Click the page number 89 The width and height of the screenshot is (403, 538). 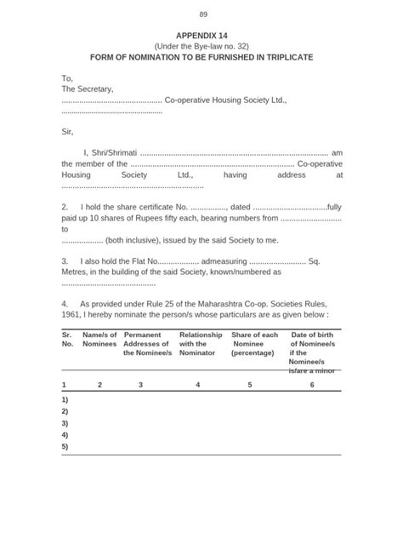pos(202,14)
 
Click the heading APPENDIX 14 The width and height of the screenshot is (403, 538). pos(201,35)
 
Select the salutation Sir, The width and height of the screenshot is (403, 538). pos(68,131)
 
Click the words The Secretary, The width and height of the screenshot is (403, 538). pos(88,89)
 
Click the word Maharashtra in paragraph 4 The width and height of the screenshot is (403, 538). pos(227,302)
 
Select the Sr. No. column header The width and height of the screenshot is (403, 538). pos(67,340)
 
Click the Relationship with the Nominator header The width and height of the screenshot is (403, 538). pos(201,344)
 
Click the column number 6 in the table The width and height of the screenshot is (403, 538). pos(312,385)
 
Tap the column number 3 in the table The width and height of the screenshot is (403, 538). pos(140,385)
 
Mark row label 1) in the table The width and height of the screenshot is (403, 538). pos(65,399)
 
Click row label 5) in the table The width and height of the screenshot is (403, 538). pos(65,446)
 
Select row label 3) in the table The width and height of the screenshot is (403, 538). pos(65,423)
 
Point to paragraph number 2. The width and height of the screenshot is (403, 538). pos(65,207)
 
